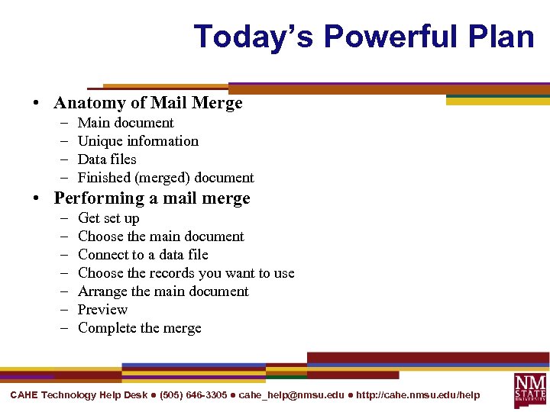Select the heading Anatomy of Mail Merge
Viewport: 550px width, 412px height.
148,103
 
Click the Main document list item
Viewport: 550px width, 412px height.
126,123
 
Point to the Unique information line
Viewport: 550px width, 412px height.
138,141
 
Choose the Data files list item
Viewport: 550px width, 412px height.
107,159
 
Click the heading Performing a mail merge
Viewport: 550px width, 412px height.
152,198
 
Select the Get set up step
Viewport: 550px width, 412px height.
108,218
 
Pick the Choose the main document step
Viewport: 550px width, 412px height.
161,237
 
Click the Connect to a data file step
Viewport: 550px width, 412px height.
143,255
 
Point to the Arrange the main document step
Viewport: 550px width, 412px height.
163,291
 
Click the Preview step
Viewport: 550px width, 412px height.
102,310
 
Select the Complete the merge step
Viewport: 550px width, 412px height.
140,328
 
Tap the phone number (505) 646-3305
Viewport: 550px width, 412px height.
193,394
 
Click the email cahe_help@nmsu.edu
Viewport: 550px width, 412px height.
291,394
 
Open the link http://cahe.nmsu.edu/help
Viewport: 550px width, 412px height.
418,394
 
